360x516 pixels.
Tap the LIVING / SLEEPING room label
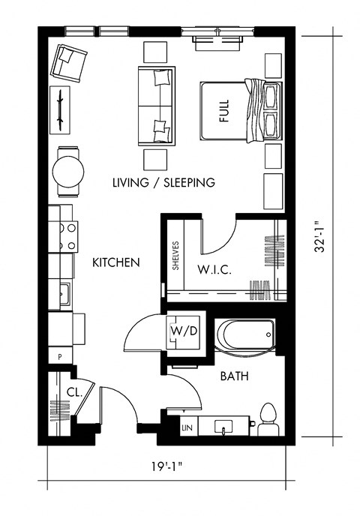(x=163, y=182)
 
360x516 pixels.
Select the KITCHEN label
(x=116, y=262)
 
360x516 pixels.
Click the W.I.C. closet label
(x=213, y=269)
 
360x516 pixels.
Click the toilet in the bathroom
(x=268, y=418)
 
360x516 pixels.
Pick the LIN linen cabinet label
(x=187, y=427)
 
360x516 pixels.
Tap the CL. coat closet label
(x=73, y=391)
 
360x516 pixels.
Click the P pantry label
(x=59, y=357)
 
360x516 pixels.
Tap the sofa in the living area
(x=156, y=105)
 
